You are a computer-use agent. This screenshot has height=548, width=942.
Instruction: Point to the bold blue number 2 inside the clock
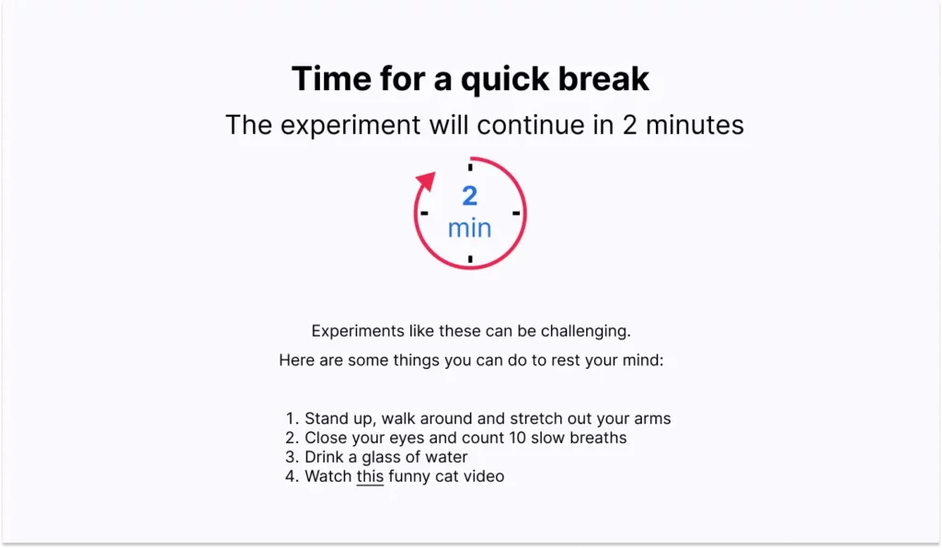pos(470,196)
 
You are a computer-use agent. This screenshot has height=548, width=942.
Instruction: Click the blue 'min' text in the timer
pos(470,228)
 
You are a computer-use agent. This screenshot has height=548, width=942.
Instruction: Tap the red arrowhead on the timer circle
pos(425,181)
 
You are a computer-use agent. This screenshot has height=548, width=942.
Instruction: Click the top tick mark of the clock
pos(470,167)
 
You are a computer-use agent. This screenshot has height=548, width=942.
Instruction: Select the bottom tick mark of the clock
pos(470,259)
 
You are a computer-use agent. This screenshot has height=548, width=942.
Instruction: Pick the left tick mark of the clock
pos(424,213)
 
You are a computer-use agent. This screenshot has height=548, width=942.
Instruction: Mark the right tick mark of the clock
pos(516,213)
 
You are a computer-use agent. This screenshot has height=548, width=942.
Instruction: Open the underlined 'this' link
pos(370,476)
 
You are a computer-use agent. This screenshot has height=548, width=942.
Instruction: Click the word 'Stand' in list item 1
pos(327,418)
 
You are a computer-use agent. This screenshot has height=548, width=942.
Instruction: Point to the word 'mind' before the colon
pos(639,360)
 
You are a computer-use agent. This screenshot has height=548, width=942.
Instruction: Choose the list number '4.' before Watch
pos(293,476)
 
